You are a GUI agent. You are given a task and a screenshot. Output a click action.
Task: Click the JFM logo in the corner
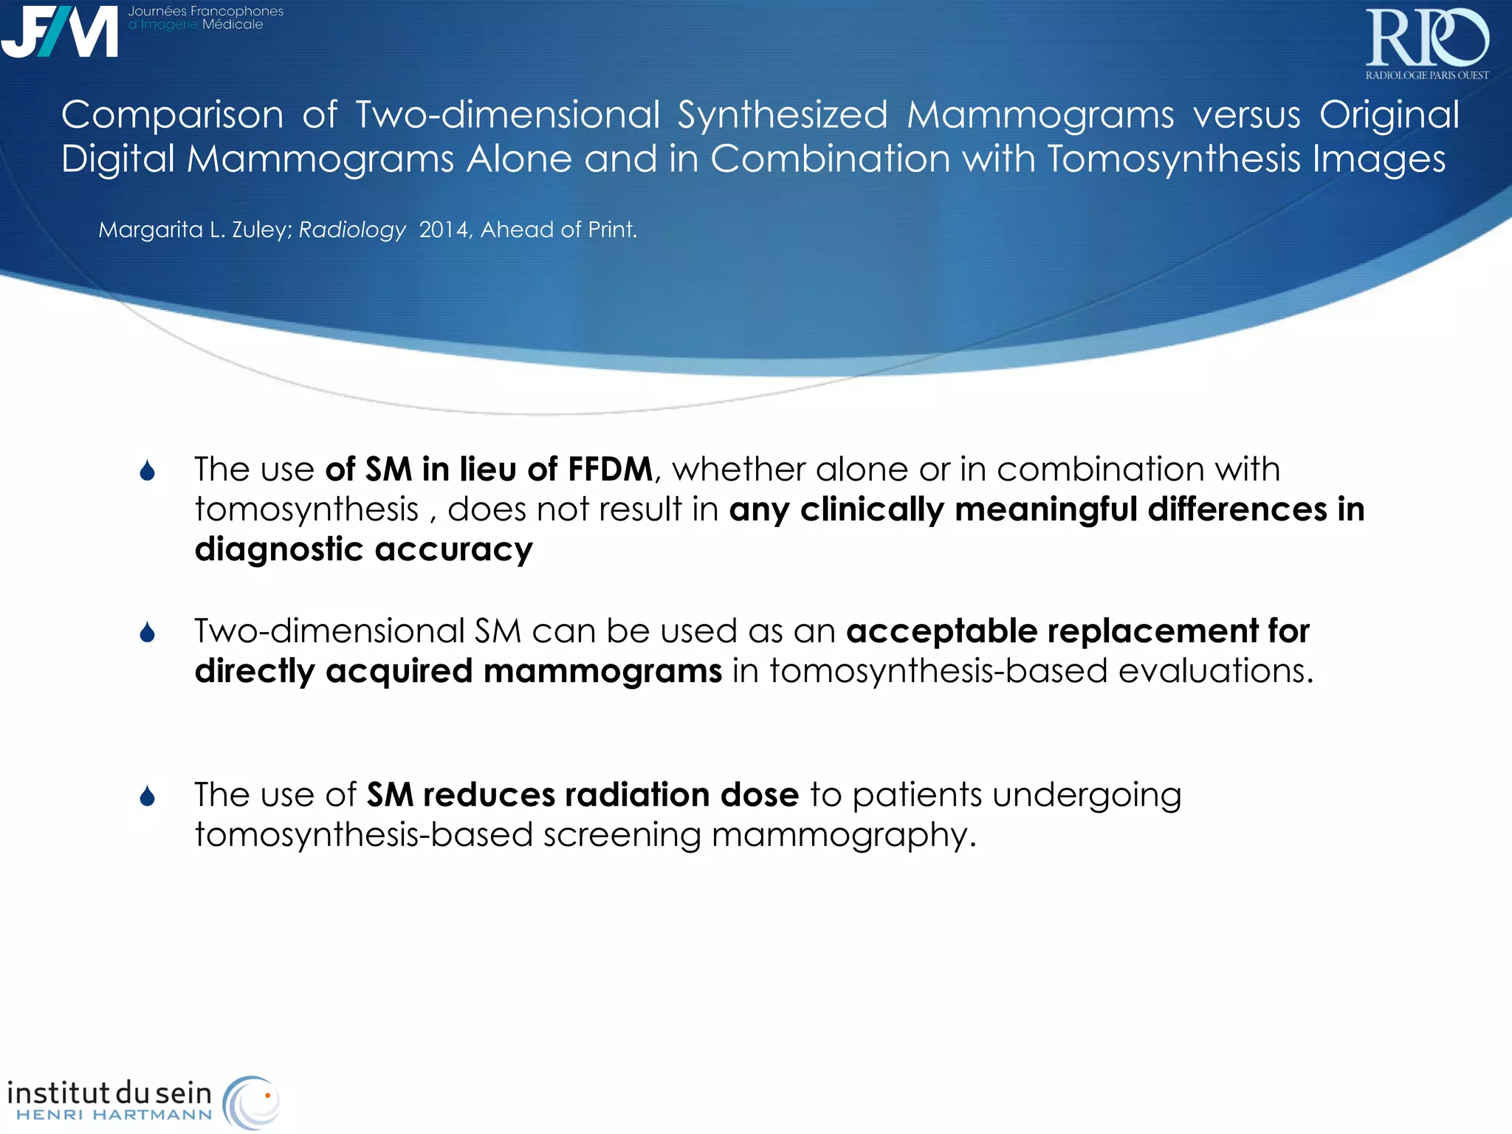(61, 31)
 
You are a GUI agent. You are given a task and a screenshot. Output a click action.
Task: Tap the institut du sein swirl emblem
(251, 1102)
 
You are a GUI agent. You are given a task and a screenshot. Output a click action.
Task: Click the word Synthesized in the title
(783, 115)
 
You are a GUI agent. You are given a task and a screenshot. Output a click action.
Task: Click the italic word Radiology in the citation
(352, 230)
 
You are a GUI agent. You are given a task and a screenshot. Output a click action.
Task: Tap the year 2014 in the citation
(444, 230)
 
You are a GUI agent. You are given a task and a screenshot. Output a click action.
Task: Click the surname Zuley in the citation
(262, 230)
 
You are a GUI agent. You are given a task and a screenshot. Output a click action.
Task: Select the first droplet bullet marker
(148, 470)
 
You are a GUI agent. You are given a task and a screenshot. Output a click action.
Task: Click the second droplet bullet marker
(148, 632)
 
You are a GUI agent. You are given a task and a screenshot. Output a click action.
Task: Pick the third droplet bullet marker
(148, 796)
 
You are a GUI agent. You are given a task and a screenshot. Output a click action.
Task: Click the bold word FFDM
(610, 470)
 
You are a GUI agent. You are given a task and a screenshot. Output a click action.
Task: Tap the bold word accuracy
(453, 550)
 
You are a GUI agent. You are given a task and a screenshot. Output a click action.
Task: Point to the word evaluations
(1215, 671)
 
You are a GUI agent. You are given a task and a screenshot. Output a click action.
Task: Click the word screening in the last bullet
(622, 836)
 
